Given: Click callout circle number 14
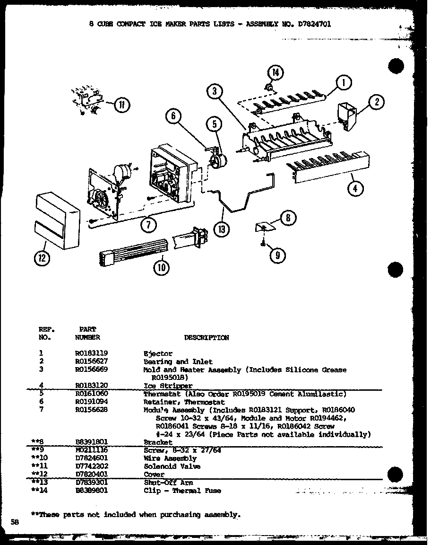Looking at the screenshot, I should pos(275,73).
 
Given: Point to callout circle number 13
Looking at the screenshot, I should pos(221,230).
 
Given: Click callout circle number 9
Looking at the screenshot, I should pos(277,255).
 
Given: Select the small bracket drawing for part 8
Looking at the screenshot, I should pos(266,228).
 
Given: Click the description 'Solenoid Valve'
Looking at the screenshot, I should pos(172,466).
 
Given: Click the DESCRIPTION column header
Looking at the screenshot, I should pos(206,337).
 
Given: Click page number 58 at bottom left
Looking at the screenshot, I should pos(15,522).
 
